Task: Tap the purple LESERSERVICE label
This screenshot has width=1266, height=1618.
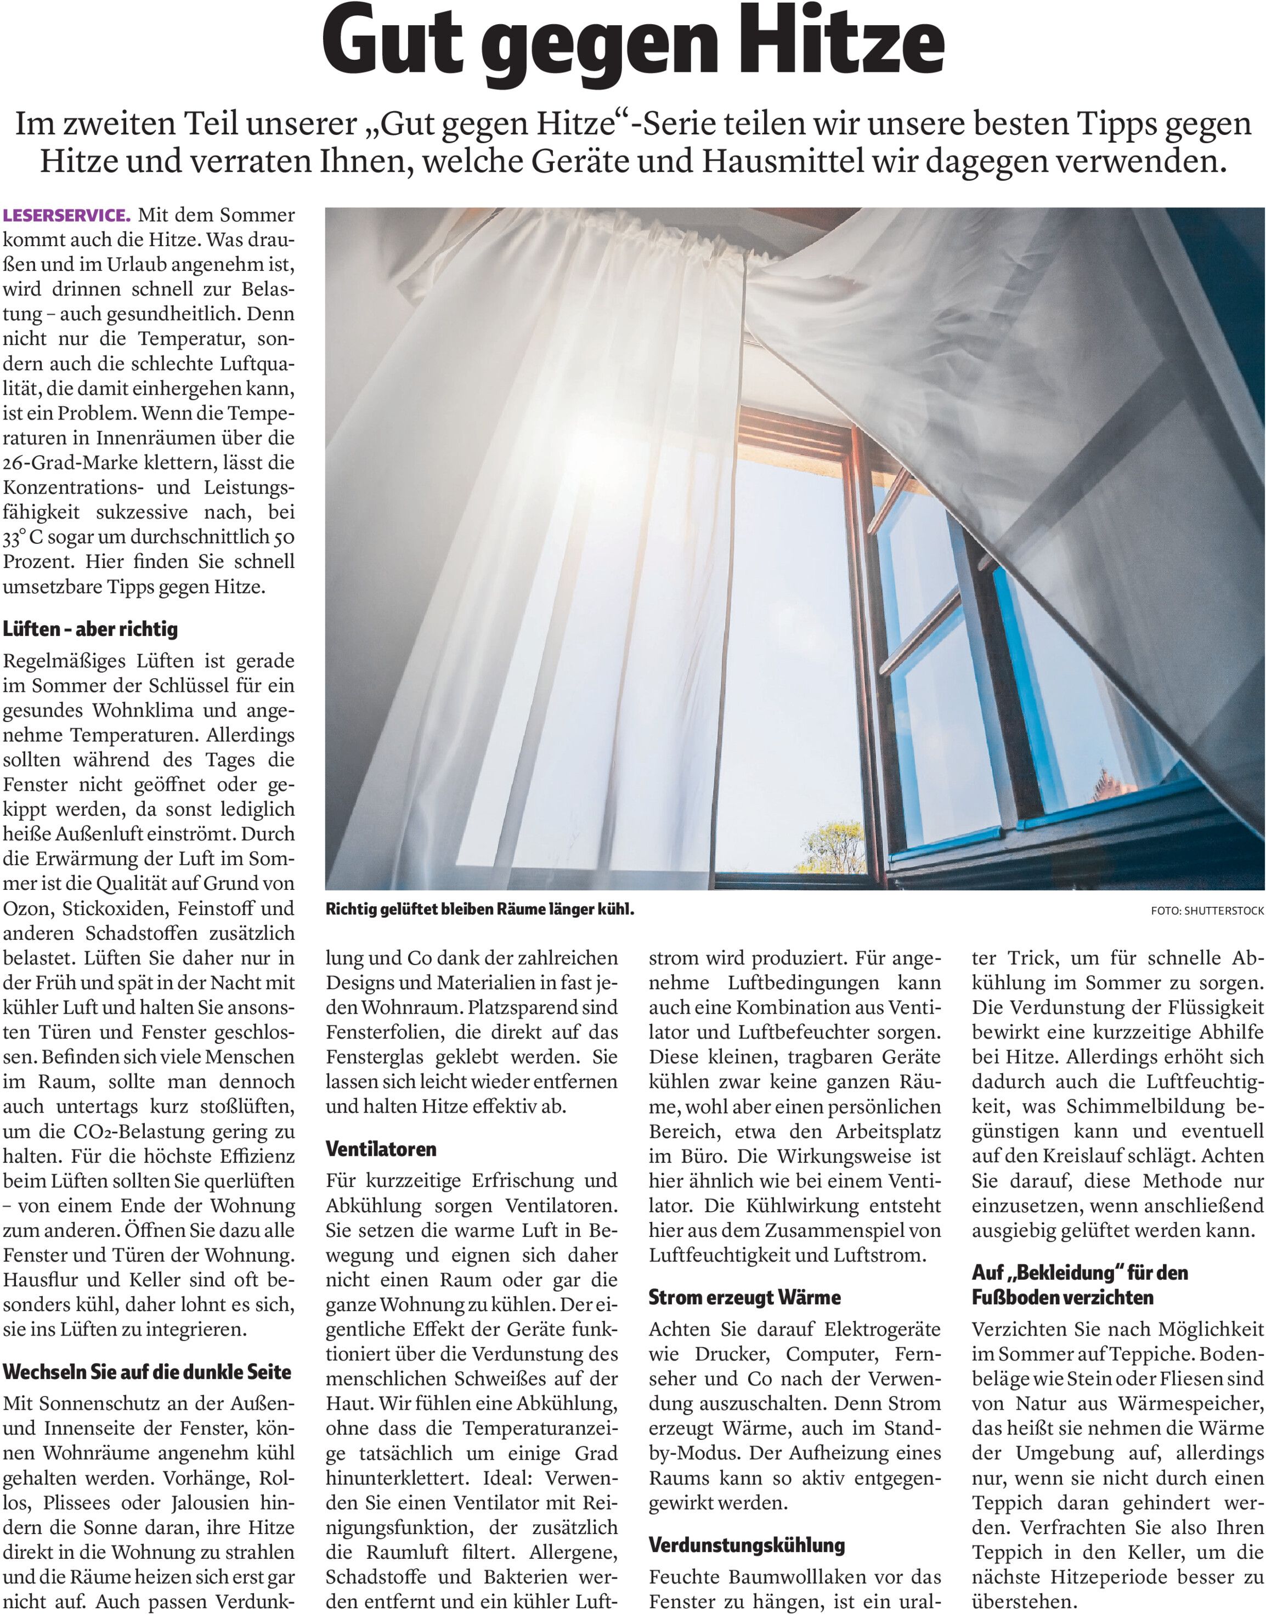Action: [67, 215]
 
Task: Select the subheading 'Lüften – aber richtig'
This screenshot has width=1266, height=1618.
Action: [91, 629]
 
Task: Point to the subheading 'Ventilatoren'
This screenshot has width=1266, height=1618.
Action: [381, 1149]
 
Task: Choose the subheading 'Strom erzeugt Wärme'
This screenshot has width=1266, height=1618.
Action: [745, 1297]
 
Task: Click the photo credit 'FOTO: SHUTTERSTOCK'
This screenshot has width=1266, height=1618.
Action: [1207, 911]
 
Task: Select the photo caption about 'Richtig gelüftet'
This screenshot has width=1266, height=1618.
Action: [479, 909]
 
